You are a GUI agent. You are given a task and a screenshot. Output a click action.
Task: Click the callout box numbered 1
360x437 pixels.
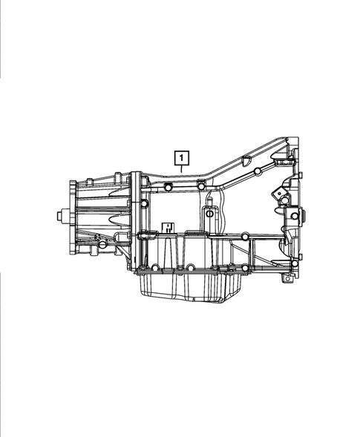(x=181, y=157)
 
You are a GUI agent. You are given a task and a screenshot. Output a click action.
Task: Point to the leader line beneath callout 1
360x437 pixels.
(x=181, y=168)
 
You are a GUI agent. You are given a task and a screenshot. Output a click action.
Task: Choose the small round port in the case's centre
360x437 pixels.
(x=210, y=214)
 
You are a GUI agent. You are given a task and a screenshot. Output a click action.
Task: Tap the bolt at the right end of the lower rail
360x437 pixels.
(x=295, y=263)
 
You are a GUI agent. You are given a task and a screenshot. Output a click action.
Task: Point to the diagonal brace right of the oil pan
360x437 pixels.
(x=260, y=252)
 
